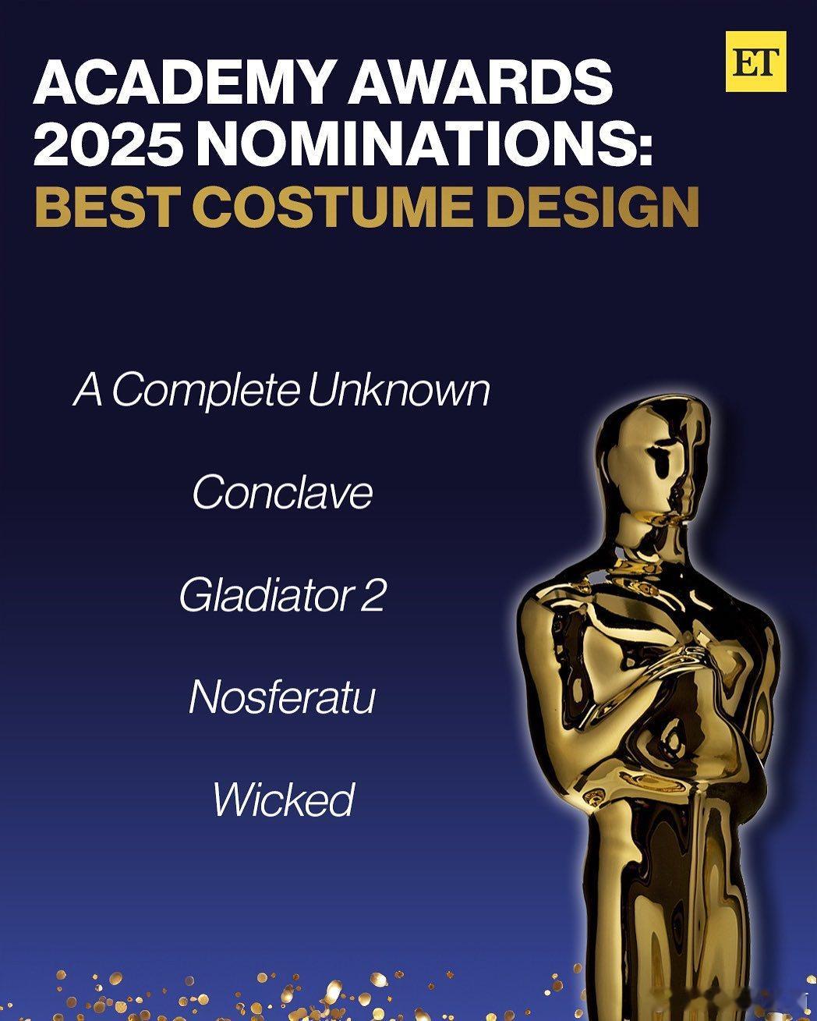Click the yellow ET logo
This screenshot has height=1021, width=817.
pos(756,62)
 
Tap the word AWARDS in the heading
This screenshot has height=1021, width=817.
pos(480,82)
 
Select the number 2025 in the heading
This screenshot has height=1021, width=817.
pos(108,144)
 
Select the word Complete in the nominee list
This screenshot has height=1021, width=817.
pos(205,393)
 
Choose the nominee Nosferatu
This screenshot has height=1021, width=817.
pos(282,697)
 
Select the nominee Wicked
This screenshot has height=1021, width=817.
pos(284,800)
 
